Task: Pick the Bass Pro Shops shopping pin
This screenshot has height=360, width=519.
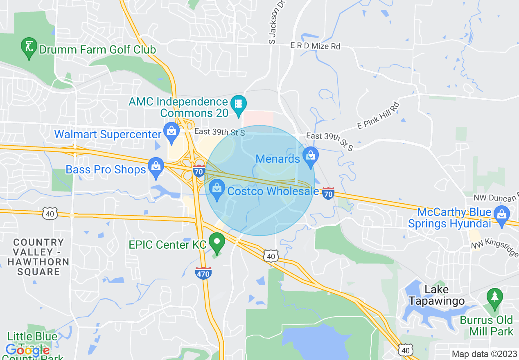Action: pos(156,167)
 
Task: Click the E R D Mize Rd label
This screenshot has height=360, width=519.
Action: pos(315,46)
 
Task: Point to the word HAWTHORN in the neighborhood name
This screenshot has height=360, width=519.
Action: pos(38,262)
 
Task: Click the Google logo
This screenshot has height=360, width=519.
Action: pos(27,350)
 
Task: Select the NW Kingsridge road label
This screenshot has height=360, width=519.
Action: pos(494,247)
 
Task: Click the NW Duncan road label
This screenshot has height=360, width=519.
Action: pos(496,198)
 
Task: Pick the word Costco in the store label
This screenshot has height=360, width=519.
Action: pos(245,191)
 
